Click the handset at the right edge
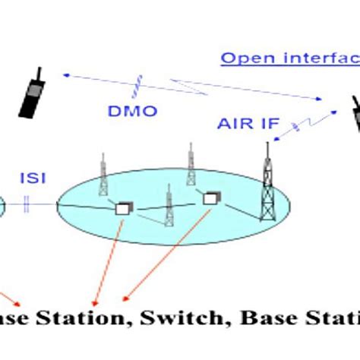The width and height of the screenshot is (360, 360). [x=354, y=120]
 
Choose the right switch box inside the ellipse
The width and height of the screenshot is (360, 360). [x=209, y=197]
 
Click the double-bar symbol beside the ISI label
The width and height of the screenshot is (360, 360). [x=27, y=203]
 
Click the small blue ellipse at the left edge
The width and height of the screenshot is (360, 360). [x=2, y=204]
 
